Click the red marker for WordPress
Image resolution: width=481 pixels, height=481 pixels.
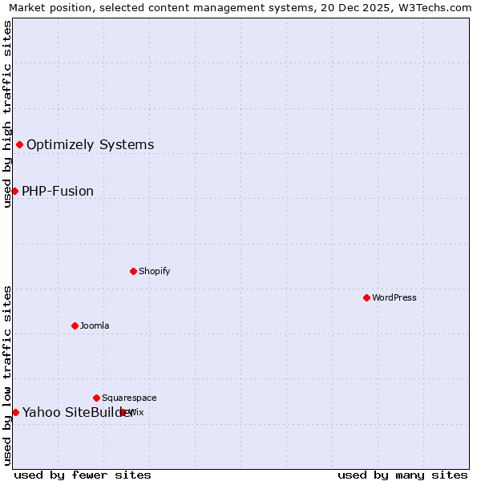(x=366, y=297)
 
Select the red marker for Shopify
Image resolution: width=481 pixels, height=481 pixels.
(x=133, y=271)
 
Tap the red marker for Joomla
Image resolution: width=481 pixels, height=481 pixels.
(x=75, y=325)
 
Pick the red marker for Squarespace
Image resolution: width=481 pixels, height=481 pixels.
(x=96, y=398)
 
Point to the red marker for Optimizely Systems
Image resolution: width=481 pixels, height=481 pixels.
(x=19, y=144)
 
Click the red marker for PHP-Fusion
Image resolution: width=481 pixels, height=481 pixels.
(x=14, y=191)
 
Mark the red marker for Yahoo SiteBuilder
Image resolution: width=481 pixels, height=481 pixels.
(x=15, y=412)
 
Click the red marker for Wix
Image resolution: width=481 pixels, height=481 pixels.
(x=123, y=412)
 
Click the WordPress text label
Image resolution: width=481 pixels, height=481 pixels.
(x=394, y=297)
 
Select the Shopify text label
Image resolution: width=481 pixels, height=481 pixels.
(x=154, y=271)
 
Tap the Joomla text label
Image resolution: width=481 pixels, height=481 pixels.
(x=95, y=325)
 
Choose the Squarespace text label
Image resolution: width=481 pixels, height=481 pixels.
(x=129, y=398)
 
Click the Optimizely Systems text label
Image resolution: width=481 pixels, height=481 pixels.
(x=90, y=145)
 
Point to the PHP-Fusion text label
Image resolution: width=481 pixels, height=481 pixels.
(x=58, y=192)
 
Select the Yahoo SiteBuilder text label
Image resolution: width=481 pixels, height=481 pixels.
(x=78, y=413)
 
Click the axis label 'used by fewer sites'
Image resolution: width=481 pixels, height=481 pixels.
(x=83, y=475)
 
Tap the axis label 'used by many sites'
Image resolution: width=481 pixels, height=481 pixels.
(x=402, y=475)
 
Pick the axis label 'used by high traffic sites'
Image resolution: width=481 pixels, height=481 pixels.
(x=7, y=114)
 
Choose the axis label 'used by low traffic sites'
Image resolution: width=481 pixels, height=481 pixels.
(x=7, y=375)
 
